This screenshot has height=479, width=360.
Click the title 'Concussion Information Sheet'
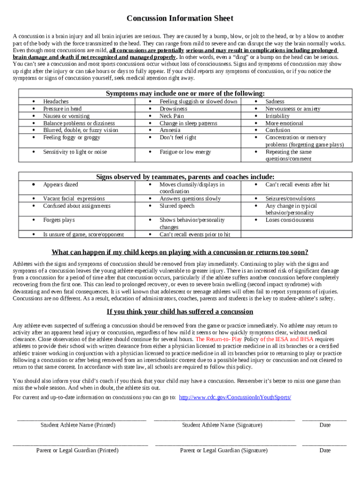point(180,18)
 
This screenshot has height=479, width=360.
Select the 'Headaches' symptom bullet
point(56,102)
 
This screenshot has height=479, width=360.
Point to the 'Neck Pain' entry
point(172,116)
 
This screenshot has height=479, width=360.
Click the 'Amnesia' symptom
point(170,131)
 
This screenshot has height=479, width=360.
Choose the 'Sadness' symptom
point(274,102)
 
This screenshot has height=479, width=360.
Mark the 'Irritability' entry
point(277,116)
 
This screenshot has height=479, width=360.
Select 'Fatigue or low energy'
point(185,152)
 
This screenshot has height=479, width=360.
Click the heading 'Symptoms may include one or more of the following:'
point(185,93)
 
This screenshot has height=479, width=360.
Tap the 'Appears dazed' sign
point(60,185)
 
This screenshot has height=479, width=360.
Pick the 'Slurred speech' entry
point(177,206)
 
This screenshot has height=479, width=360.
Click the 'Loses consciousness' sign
point(289,220)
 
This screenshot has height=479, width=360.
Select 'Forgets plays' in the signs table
point(58,220)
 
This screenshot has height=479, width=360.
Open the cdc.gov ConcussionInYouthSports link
point(235,397)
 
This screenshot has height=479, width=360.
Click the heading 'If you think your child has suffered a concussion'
point(180,312)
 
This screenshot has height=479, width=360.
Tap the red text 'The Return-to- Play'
point(218,339)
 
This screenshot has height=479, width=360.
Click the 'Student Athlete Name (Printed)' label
point(78,425)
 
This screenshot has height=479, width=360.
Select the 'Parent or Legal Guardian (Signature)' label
point(224,450)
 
